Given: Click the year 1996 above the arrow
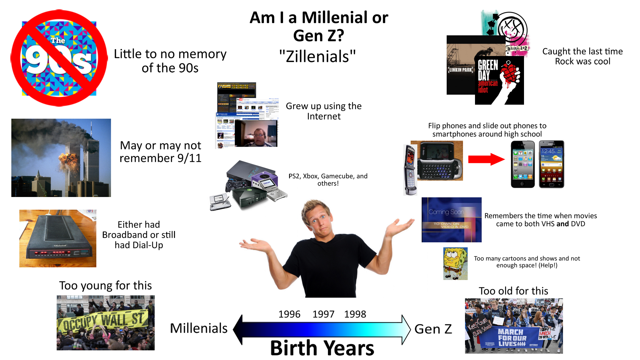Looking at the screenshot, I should (289, 314).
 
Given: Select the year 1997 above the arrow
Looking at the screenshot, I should (323, 314).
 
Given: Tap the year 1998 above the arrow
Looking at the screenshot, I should (355, 314).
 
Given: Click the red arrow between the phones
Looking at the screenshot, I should (486, 159).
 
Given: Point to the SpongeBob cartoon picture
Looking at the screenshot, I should (455, 263).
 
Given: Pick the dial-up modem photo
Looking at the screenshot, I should (58, 238).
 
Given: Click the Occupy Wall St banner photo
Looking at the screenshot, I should (105, 323).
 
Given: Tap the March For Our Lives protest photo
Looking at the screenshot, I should (514, 326).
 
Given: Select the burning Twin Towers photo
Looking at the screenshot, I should (61, 158).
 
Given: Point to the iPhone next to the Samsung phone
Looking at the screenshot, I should (523, 164).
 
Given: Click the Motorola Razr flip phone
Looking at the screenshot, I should (410, 170).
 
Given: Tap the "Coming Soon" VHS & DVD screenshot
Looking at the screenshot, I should (451, 220).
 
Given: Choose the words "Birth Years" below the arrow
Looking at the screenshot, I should (322, 348).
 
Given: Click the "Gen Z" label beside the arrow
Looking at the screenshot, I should (433, 329).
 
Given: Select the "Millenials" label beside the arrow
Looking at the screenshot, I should (199, 328).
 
